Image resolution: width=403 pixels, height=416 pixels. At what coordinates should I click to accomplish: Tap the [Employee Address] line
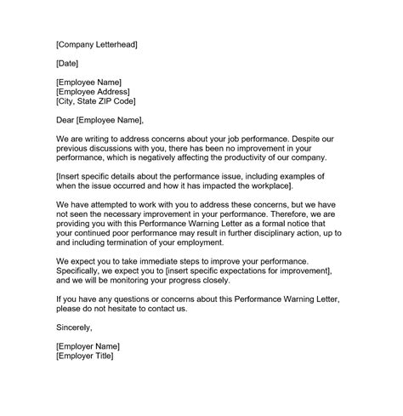click(93, 91)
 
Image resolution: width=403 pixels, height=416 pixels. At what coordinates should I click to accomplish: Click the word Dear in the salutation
click(66, 120)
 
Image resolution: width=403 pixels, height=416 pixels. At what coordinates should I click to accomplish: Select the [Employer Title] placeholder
click(84, 356)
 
